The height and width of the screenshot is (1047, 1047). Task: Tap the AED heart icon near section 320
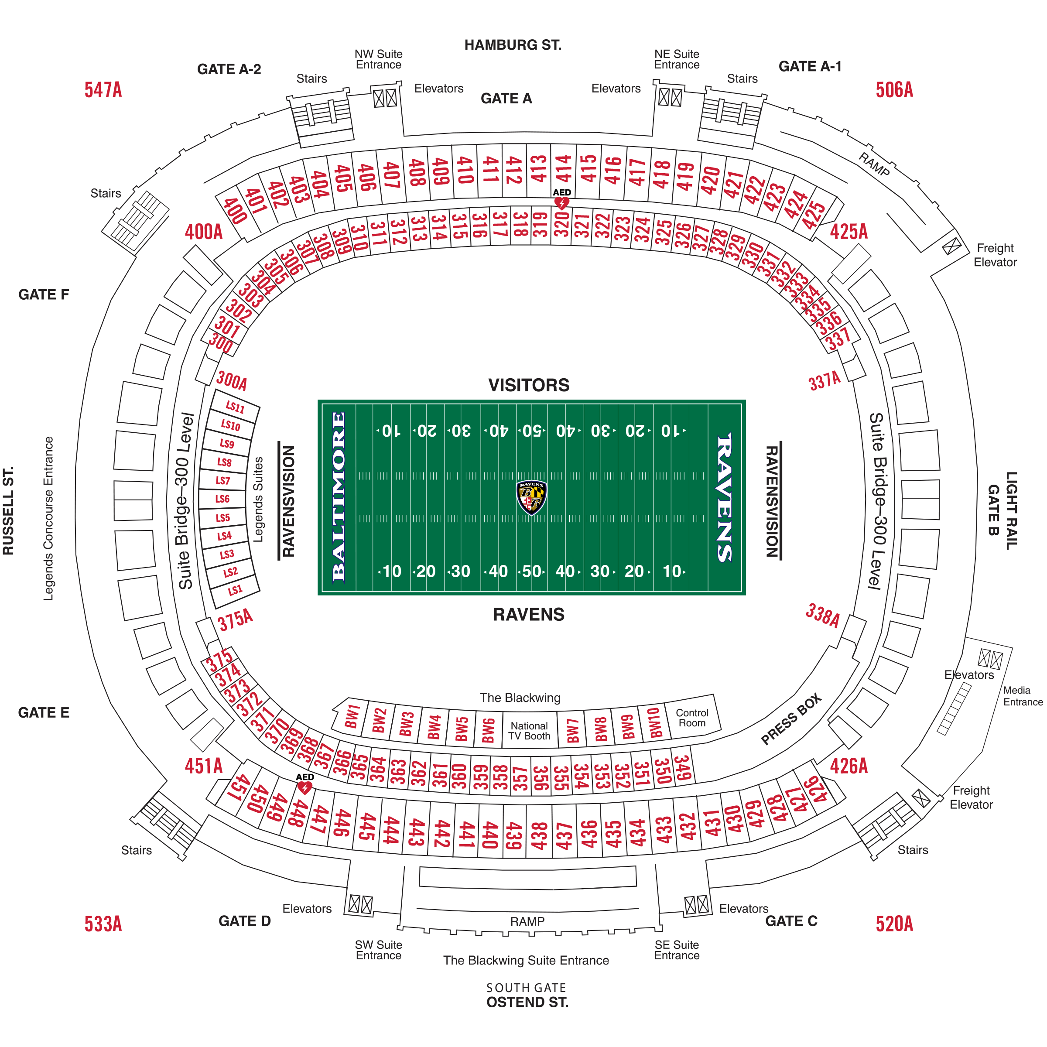coord(561,203)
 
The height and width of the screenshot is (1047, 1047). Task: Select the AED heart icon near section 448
coord(305,787)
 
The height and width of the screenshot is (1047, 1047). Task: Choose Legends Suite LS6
coord(222,499)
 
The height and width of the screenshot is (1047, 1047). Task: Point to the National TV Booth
coord(529,731)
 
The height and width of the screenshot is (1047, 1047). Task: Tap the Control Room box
coord(692,718)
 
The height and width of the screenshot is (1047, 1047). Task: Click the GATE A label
coord(506,99)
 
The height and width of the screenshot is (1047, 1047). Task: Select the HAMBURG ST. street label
coord(513,45)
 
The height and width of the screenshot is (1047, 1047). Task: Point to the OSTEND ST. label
coord(527,1002)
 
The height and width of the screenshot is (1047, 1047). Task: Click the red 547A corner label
coord(103,90)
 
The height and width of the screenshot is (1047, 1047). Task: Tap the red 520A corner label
coord(894,924)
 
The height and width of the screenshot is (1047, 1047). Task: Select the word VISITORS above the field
coord(528,385)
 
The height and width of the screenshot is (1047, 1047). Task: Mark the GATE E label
coord(44,712)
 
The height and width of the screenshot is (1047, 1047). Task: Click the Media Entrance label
coord(1023,696)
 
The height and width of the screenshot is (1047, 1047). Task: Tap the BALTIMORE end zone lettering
coord(338,496)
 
